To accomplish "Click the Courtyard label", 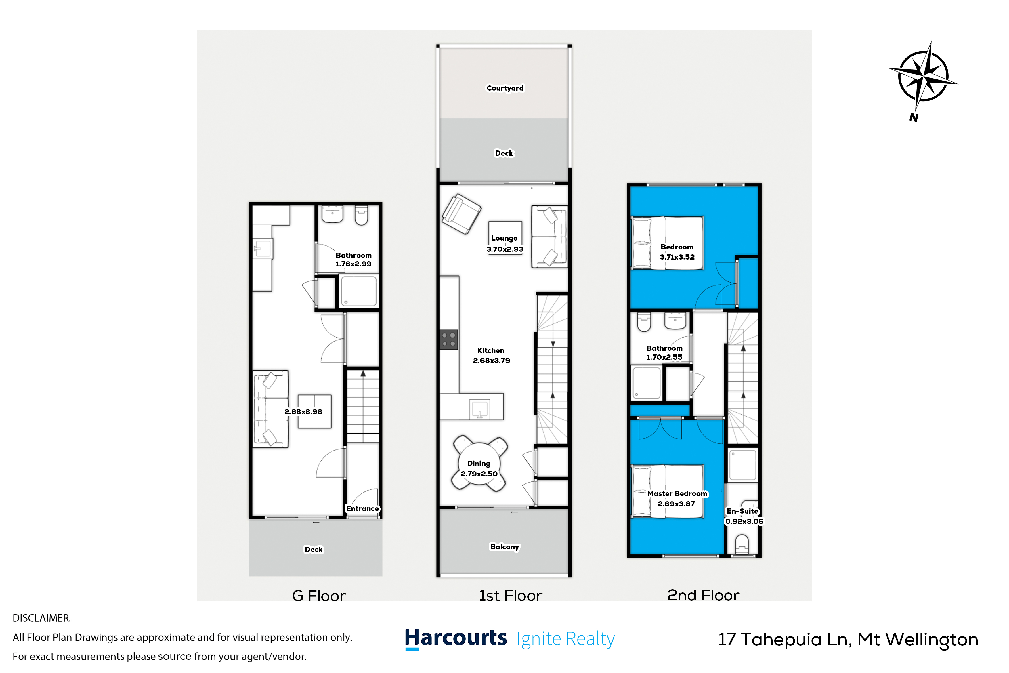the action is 505,88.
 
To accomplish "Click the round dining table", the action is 479,464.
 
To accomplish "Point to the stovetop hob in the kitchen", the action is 449,340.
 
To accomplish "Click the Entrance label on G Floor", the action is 362,509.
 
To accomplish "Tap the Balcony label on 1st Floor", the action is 504,547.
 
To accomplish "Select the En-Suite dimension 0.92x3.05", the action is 744,521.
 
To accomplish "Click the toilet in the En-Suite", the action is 742,544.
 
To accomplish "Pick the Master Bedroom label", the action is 677,493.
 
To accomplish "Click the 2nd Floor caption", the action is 703,595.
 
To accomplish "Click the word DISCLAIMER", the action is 42,618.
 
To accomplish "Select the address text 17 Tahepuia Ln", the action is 785,640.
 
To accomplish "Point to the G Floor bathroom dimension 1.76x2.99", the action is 353,264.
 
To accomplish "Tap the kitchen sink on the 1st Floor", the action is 479,409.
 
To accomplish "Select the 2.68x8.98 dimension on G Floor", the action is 303,412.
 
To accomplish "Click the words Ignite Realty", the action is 565,639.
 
